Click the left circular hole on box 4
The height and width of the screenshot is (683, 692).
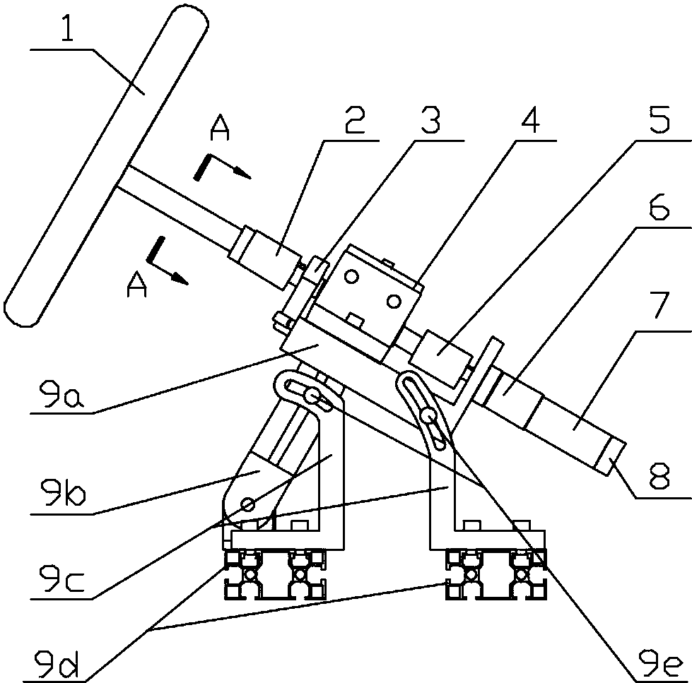pos(351,277)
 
